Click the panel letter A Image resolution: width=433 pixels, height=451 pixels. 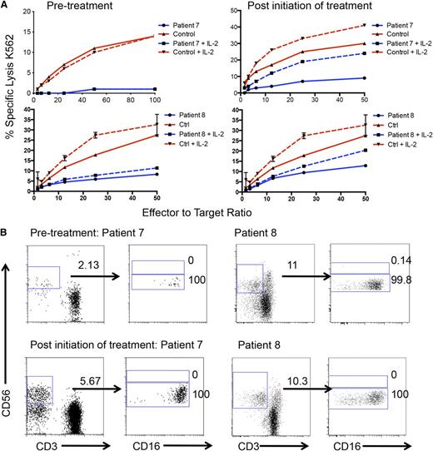pos(6,7)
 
